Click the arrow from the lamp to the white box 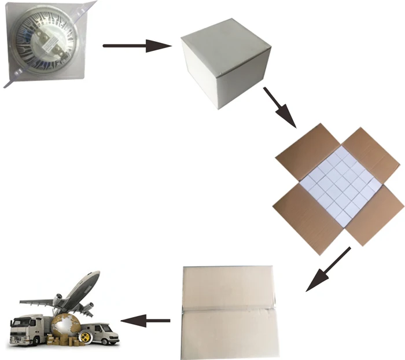137,46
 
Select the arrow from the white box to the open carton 279,107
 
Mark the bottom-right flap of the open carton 373,214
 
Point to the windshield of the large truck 16,324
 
